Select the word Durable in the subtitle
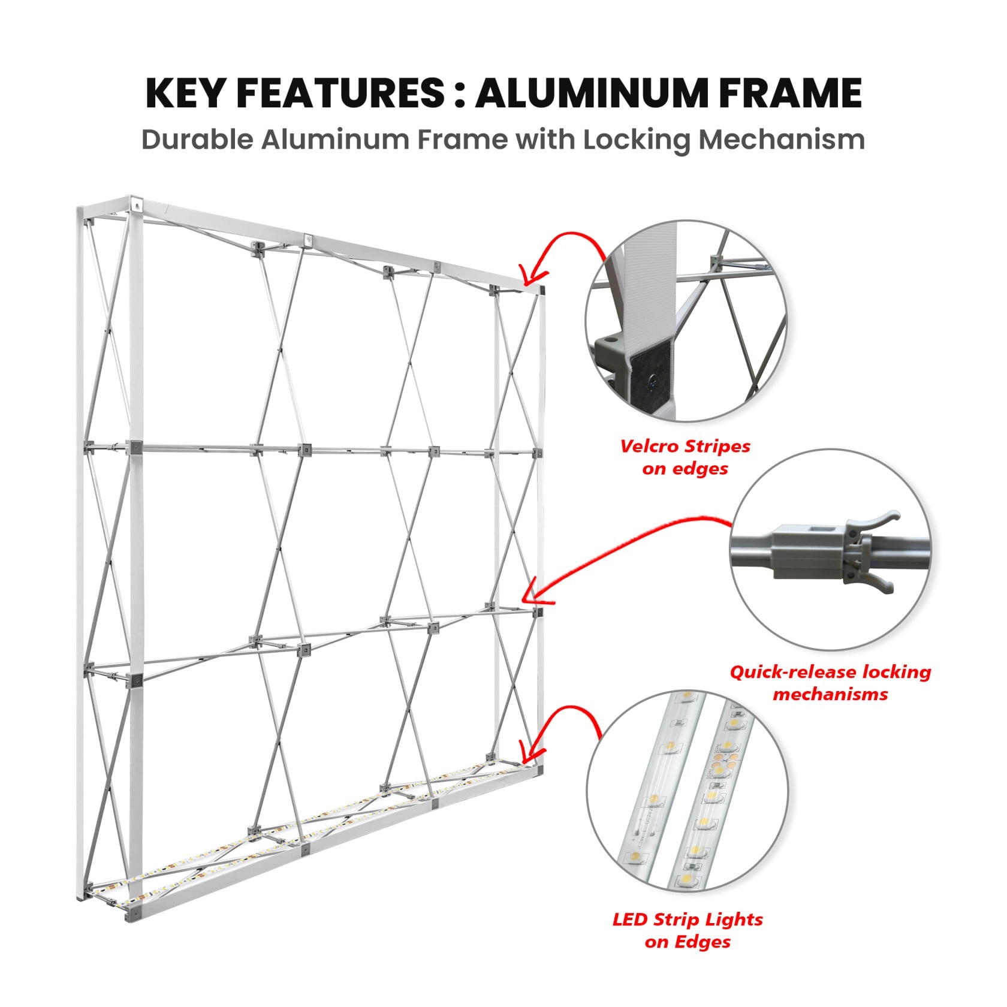click(x=197, y=140)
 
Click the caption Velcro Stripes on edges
click(x=685, y=457)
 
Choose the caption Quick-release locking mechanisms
click(x=830, y=683)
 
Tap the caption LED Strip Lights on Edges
click(x=688, y=930)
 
